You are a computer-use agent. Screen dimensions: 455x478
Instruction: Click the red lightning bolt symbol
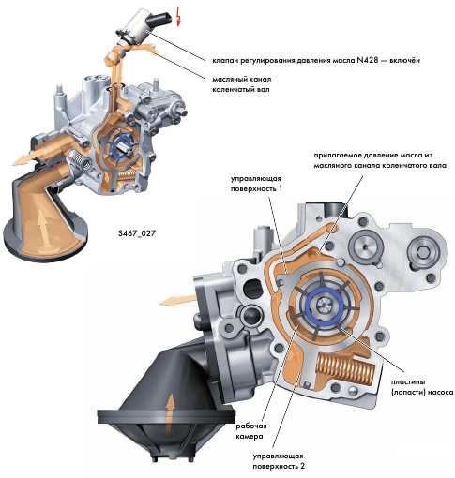(x=178, y=16)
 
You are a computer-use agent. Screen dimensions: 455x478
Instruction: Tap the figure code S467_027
(x=137, y=233)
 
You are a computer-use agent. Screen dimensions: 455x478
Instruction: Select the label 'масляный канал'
(x=242, y=79)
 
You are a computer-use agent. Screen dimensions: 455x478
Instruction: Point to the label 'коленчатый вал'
(x=241, y=90)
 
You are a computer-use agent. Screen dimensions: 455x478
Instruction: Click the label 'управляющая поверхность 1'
(x=256, y=184)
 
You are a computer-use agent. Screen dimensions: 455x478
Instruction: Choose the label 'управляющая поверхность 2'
(x=279, y=461)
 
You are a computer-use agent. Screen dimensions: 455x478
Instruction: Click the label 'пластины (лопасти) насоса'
(x=422, y=387)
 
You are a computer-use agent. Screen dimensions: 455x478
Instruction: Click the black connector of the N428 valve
(x=160, y=19)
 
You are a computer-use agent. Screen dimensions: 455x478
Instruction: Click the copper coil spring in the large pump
(x=345, y=368)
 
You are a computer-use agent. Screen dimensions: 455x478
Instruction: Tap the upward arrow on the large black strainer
(x=170, y=412)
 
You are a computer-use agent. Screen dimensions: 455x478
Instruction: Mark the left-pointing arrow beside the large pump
(x=177, y=301)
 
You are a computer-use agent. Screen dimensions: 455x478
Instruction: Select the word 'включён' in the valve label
(x=404, y=60)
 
